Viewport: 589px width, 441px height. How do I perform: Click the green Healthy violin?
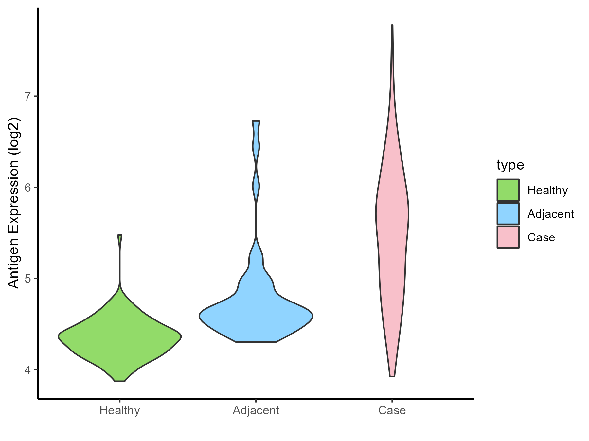pos(120,336)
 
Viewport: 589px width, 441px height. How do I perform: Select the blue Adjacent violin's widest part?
pos(256,316)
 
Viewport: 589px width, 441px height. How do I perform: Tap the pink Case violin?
pos(392,216)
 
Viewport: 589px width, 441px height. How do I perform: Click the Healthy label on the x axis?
pos(120,410)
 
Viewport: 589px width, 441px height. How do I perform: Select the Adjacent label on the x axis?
pos(256,410)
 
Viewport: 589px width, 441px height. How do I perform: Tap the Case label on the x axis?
pos(392,410)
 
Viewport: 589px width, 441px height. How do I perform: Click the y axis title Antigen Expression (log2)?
pos(14,203)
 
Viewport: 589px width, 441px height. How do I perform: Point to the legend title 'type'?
pos(510,165)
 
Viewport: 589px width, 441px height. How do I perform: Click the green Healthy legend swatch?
pos(508,190)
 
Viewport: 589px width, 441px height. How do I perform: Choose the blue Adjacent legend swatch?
pos(508,214)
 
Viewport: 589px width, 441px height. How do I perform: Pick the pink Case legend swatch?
pos(508,237)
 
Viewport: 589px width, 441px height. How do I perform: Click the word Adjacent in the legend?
pos(551,214)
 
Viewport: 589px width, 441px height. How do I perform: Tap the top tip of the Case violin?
pos(392,26)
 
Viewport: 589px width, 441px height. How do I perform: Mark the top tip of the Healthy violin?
pos(120,236)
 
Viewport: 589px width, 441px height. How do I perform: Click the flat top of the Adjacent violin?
pos(256,121)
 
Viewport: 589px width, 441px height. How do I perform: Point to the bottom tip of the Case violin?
pos(392,376)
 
